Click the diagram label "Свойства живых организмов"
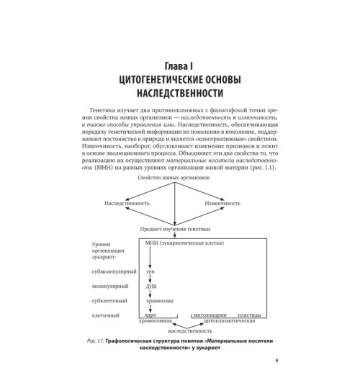click(x=179, y=196)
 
